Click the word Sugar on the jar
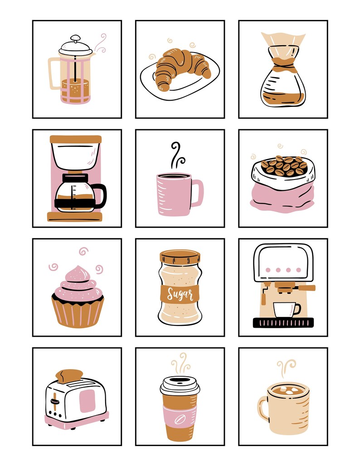point(180,294)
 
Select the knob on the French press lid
point(76,39)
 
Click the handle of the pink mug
point(198,193)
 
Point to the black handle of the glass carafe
point(101,196)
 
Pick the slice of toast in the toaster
point(69,375)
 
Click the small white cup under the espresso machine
point(284,309)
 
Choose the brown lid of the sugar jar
point(180,257)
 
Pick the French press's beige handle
point(54,73)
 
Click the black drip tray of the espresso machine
point(283,322)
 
